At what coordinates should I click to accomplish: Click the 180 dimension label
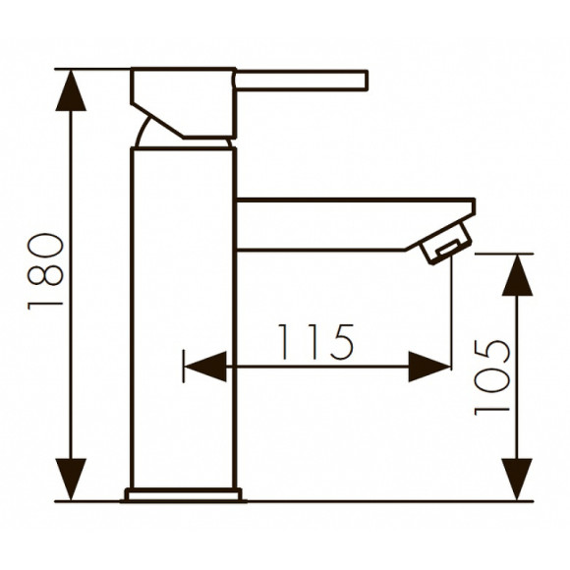47,271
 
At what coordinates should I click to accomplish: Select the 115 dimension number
313,342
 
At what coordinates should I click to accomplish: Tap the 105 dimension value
492,376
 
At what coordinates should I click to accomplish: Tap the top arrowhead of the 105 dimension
517,274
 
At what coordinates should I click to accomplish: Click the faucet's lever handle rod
301,80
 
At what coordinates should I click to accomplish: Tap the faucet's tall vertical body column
183,314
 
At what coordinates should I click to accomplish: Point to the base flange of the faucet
183,494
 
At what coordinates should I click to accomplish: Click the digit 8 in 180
47,271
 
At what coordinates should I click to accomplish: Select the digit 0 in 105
492,376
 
